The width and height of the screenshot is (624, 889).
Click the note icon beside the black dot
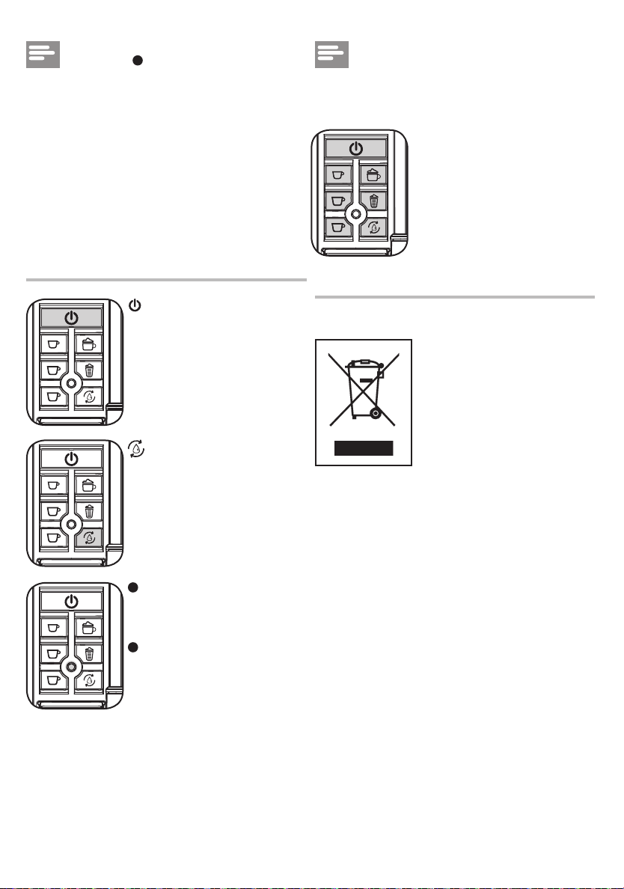[43, 55]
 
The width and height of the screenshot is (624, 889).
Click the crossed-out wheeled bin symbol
[363, 388]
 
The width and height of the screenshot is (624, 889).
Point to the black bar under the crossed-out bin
[364, 448]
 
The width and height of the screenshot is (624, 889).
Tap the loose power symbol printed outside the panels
[135, 305]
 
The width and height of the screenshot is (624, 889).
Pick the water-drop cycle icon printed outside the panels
[136, 450]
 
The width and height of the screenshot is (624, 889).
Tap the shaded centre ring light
[70, 665]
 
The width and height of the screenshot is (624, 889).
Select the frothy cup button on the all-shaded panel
[373, 175]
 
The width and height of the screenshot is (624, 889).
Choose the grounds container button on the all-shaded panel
[373, 200]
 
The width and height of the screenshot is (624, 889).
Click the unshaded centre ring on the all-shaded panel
[355, 213]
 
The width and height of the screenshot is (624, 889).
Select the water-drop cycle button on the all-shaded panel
[373, 227]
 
